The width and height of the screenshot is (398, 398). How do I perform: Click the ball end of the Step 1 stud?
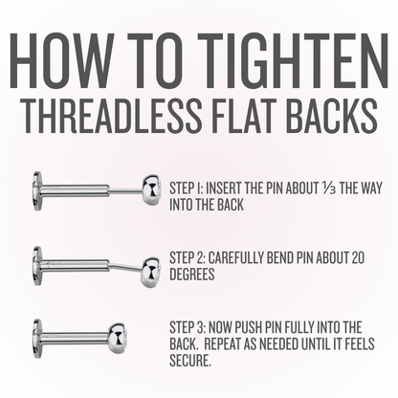tap(151, 189)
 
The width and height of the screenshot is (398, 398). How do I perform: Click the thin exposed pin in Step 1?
tap(125, 190)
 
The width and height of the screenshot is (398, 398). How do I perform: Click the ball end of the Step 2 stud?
tap(151, 272)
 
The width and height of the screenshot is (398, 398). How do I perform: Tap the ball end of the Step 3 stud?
tap(118, 338)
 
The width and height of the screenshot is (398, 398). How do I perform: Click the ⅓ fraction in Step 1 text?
tap(328, 188)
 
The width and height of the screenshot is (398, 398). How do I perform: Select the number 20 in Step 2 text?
tap(357, 258)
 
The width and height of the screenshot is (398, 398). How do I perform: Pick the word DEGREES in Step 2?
tap(192, 274)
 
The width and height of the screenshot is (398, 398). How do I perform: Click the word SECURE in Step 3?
tap(189, 361)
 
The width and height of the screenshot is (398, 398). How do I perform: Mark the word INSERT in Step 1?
tap(223, 188)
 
